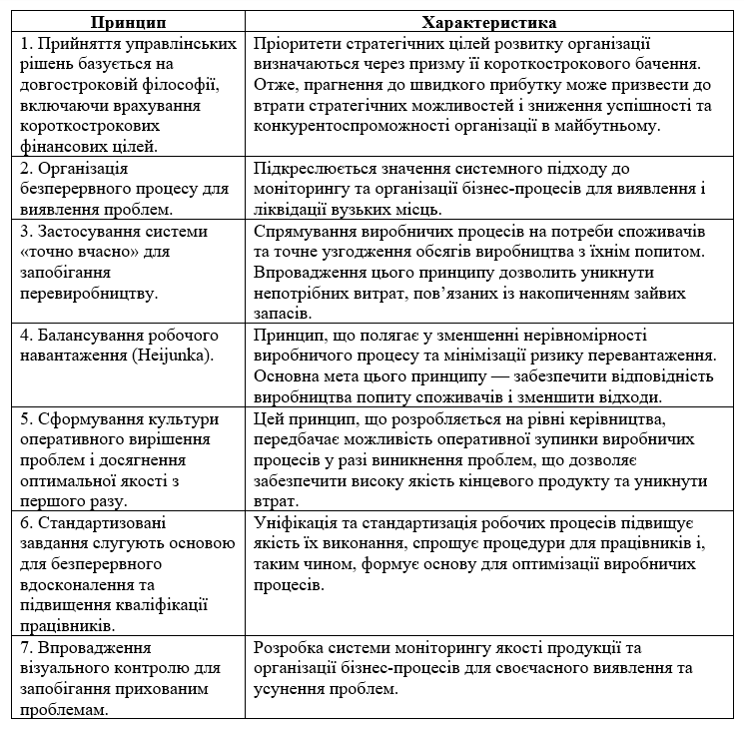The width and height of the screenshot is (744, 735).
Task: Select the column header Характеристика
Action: tap(489, 22)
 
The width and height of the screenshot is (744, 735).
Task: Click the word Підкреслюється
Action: tap(312, 169)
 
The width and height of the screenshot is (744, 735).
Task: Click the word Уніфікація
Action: tap(298, 523)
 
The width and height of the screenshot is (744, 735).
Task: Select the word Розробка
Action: tap(288, 647)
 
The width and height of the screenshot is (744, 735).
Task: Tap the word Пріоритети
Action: tap(297, 44)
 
